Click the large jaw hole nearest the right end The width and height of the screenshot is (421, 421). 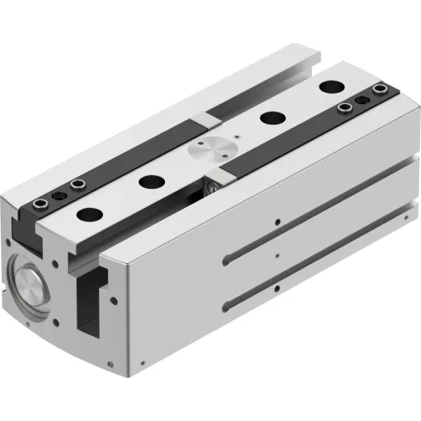click(x=330, y=87)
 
